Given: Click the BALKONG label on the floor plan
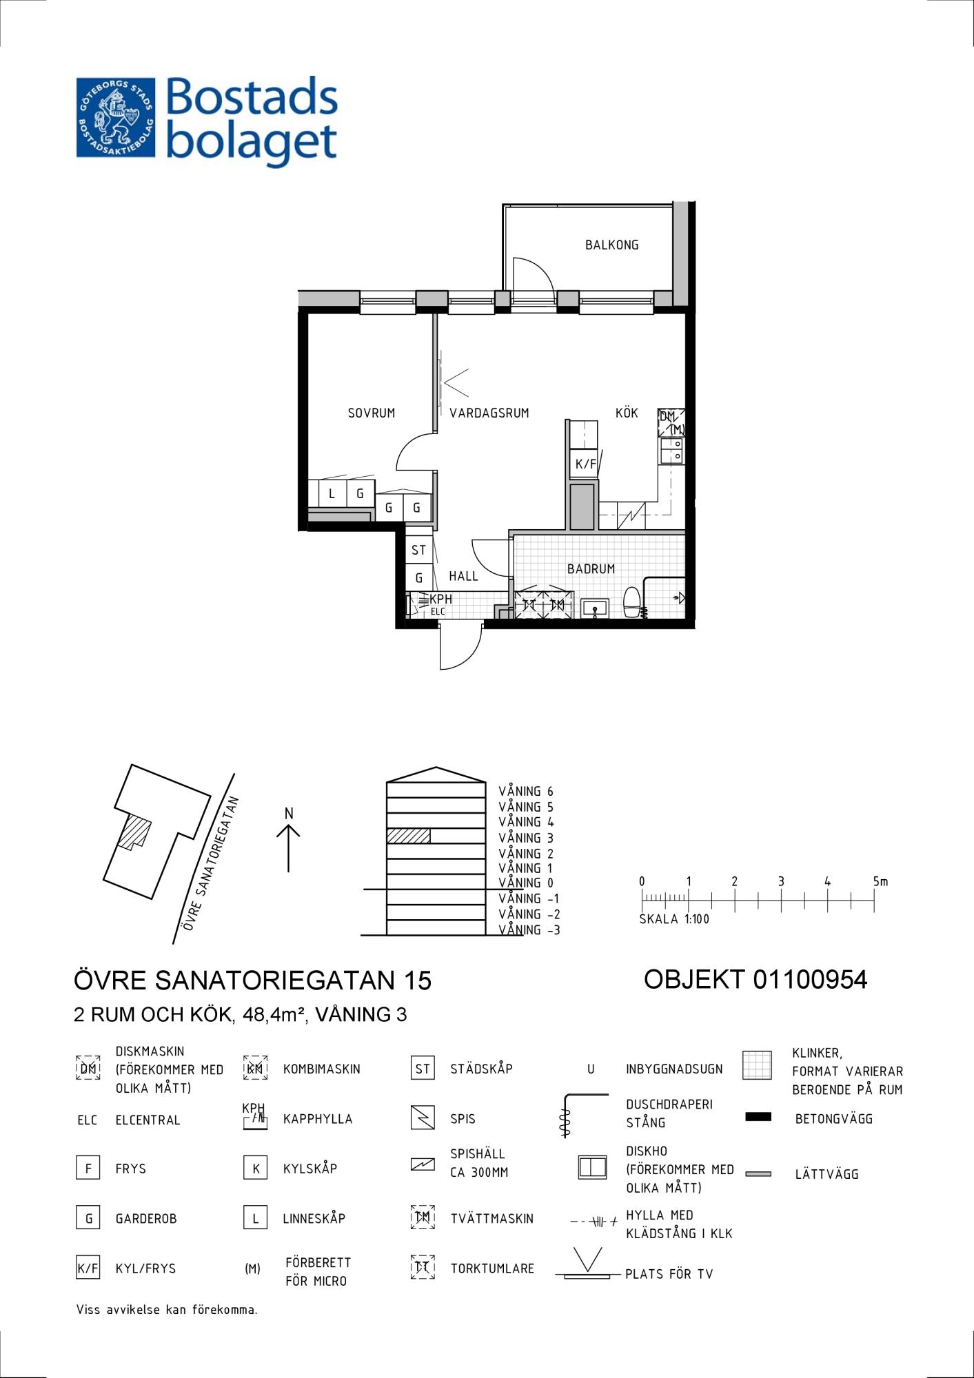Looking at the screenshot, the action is pyautogui.click(x=611, y=245).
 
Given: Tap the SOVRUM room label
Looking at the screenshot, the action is pyautogui.click(x=372, y=413).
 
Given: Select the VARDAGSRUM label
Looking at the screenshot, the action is pyautogui.click(x=489, y=413).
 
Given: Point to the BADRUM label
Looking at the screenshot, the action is pyautogui.click(x=591, y=568).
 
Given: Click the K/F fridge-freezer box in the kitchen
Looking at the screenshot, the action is pyautogui.click(x=585, y=463).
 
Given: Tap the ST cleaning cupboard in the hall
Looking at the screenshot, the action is pyautogui.click(x=418, y=550).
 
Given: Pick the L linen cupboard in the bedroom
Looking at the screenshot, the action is pyautogui.click(x=332, y=493).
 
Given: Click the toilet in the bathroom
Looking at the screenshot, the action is pyautogui.click(x=631, y=602).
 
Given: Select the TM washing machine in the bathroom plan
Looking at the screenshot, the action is pyautogui.click(x=557, y=604).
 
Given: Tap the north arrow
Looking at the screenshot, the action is pyautogui.click(x=288, y=848).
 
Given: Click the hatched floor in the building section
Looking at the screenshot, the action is pyautogui.click(x=408, y=836).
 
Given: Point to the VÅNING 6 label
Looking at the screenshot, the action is pyautogui.click(x=526, y=792).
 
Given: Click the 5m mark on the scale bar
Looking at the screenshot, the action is pyautogui.click(x=880, y=881).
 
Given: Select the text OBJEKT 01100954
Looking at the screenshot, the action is pyautogui.click(x=755, y=979).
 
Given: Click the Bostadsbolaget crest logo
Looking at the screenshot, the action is pyautogui.click(x=116, y=117).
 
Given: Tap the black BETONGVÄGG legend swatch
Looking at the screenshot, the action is pyautogui.click(x=758, y=1117).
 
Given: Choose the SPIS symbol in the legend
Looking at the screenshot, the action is pyautogui.click(x=423, y=1117).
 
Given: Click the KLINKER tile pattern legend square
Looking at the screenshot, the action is pyautogui.click(x=757, y=1065).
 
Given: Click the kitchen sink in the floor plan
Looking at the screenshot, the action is pyautogui.click(x=671, y=451).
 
